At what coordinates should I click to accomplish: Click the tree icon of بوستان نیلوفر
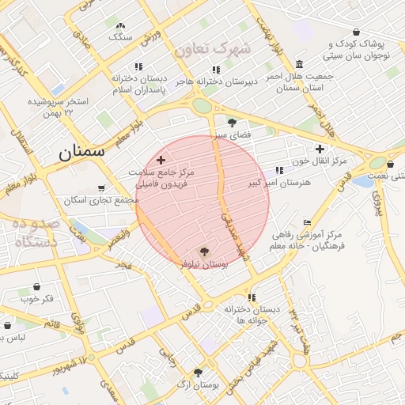(205, 253)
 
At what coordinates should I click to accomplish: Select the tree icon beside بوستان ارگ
(198, 373)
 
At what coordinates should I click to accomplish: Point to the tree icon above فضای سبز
(232, 123)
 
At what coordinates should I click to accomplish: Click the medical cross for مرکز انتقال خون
(320, 149)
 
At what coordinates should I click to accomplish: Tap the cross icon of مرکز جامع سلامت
(161, 160)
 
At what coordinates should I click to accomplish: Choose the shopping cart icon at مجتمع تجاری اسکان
(100, 188)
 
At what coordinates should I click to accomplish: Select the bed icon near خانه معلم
(307, 222)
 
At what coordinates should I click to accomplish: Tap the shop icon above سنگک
(120, 25)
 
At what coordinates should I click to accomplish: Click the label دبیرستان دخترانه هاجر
(234, 81)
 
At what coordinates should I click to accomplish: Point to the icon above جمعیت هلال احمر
(299, 64)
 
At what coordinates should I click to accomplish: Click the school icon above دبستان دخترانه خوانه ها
(252, 297)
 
